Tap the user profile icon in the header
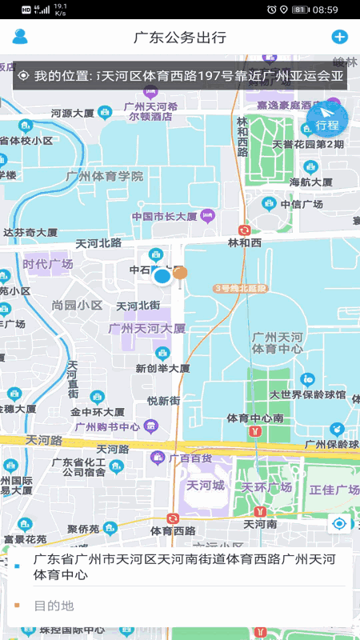20,37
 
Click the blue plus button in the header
339,37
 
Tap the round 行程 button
327,121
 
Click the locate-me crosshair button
340,524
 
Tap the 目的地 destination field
54,606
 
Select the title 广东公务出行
179,38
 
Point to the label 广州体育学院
105,176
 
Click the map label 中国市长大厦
165,216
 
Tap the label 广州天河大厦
147,328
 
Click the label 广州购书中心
107,426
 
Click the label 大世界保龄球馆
307,394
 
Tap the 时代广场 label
48,264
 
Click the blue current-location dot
162,277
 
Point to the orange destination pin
181,274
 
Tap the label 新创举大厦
162,369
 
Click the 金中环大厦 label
97,411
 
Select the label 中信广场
306,204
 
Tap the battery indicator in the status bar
301,10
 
